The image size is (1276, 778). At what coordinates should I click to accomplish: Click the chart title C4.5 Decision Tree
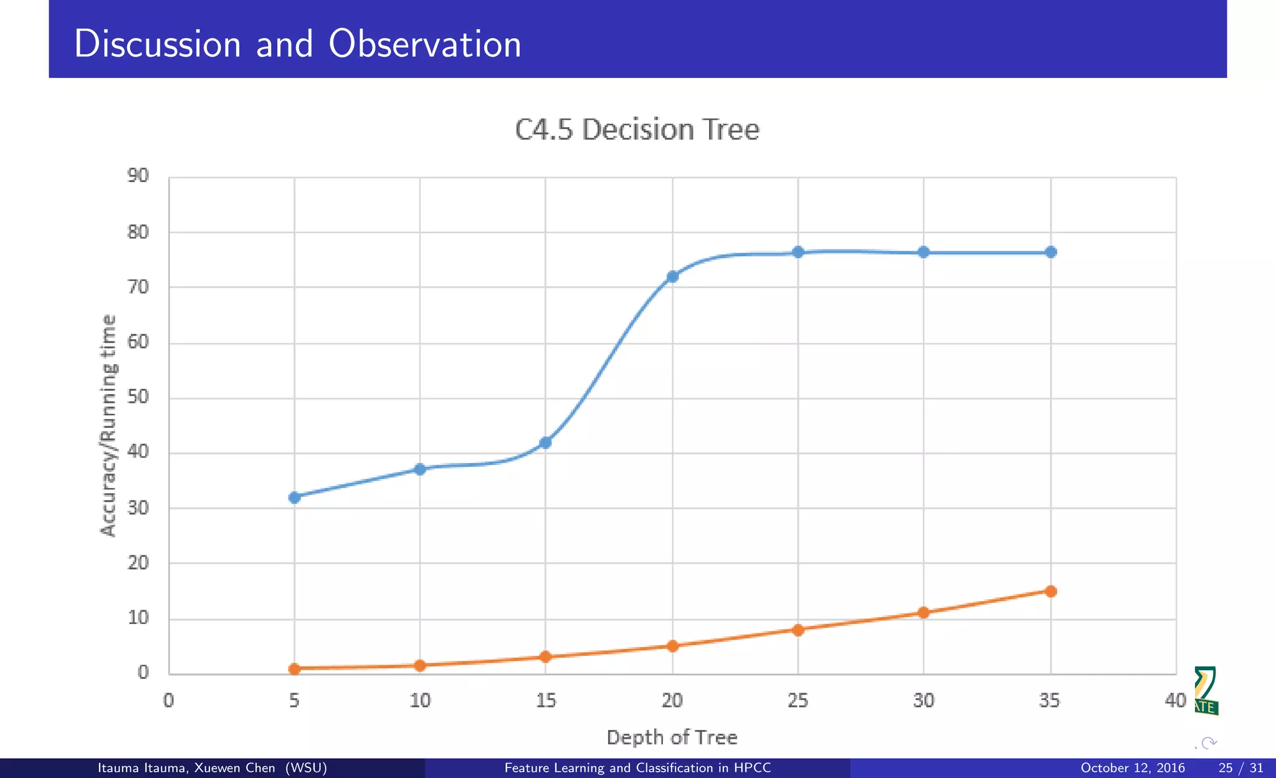[x=637, y=130]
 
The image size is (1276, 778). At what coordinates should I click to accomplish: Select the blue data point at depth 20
[x=672, y=276]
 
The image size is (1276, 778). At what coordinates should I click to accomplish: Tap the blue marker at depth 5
[x=295, y=497]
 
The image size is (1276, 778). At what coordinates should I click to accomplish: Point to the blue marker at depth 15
[x=545, y=443]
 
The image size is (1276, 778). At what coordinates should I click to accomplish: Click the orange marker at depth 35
[x=1050, y=591]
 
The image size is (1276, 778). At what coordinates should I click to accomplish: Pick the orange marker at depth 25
[x=798, y=630]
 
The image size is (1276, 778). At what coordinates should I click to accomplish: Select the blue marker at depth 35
[x=1050, y=252]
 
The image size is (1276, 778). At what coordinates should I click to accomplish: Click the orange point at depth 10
[x=420, y=665]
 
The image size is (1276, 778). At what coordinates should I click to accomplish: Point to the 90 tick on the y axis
[x=138, y=176]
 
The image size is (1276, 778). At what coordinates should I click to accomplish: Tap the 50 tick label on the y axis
[x=138, y=396]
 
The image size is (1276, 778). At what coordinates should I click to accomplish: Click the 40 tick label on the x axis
[x=1175, y=701]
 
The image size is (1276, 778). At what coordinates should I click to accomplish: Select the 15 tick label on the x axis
[x=546, y=701]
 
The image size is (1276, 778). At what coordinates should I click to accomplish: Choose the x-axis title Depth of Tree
[x=672, y=737]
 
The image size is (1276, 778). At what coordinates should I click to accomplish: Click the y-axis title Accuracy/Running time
[x=108, y=425]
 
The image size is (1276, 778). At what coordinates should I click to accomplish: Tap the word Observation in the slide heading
[x=424, y=44]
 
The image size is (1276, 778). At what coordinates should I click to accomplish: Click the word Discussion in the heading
[x=157, y=44]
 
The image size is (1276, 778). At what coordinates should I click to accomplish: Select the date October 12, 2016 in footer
[x=1132, y=768]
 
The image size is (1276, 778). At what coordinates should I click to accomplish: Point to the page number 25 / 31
[x=1240, y=768]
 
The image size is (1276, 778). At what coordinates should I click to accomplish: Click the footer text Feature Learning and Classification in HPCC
[x=637, y=768]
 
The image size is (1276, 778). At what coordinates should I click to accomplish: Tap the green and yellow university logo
[x=1206, y=691]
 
